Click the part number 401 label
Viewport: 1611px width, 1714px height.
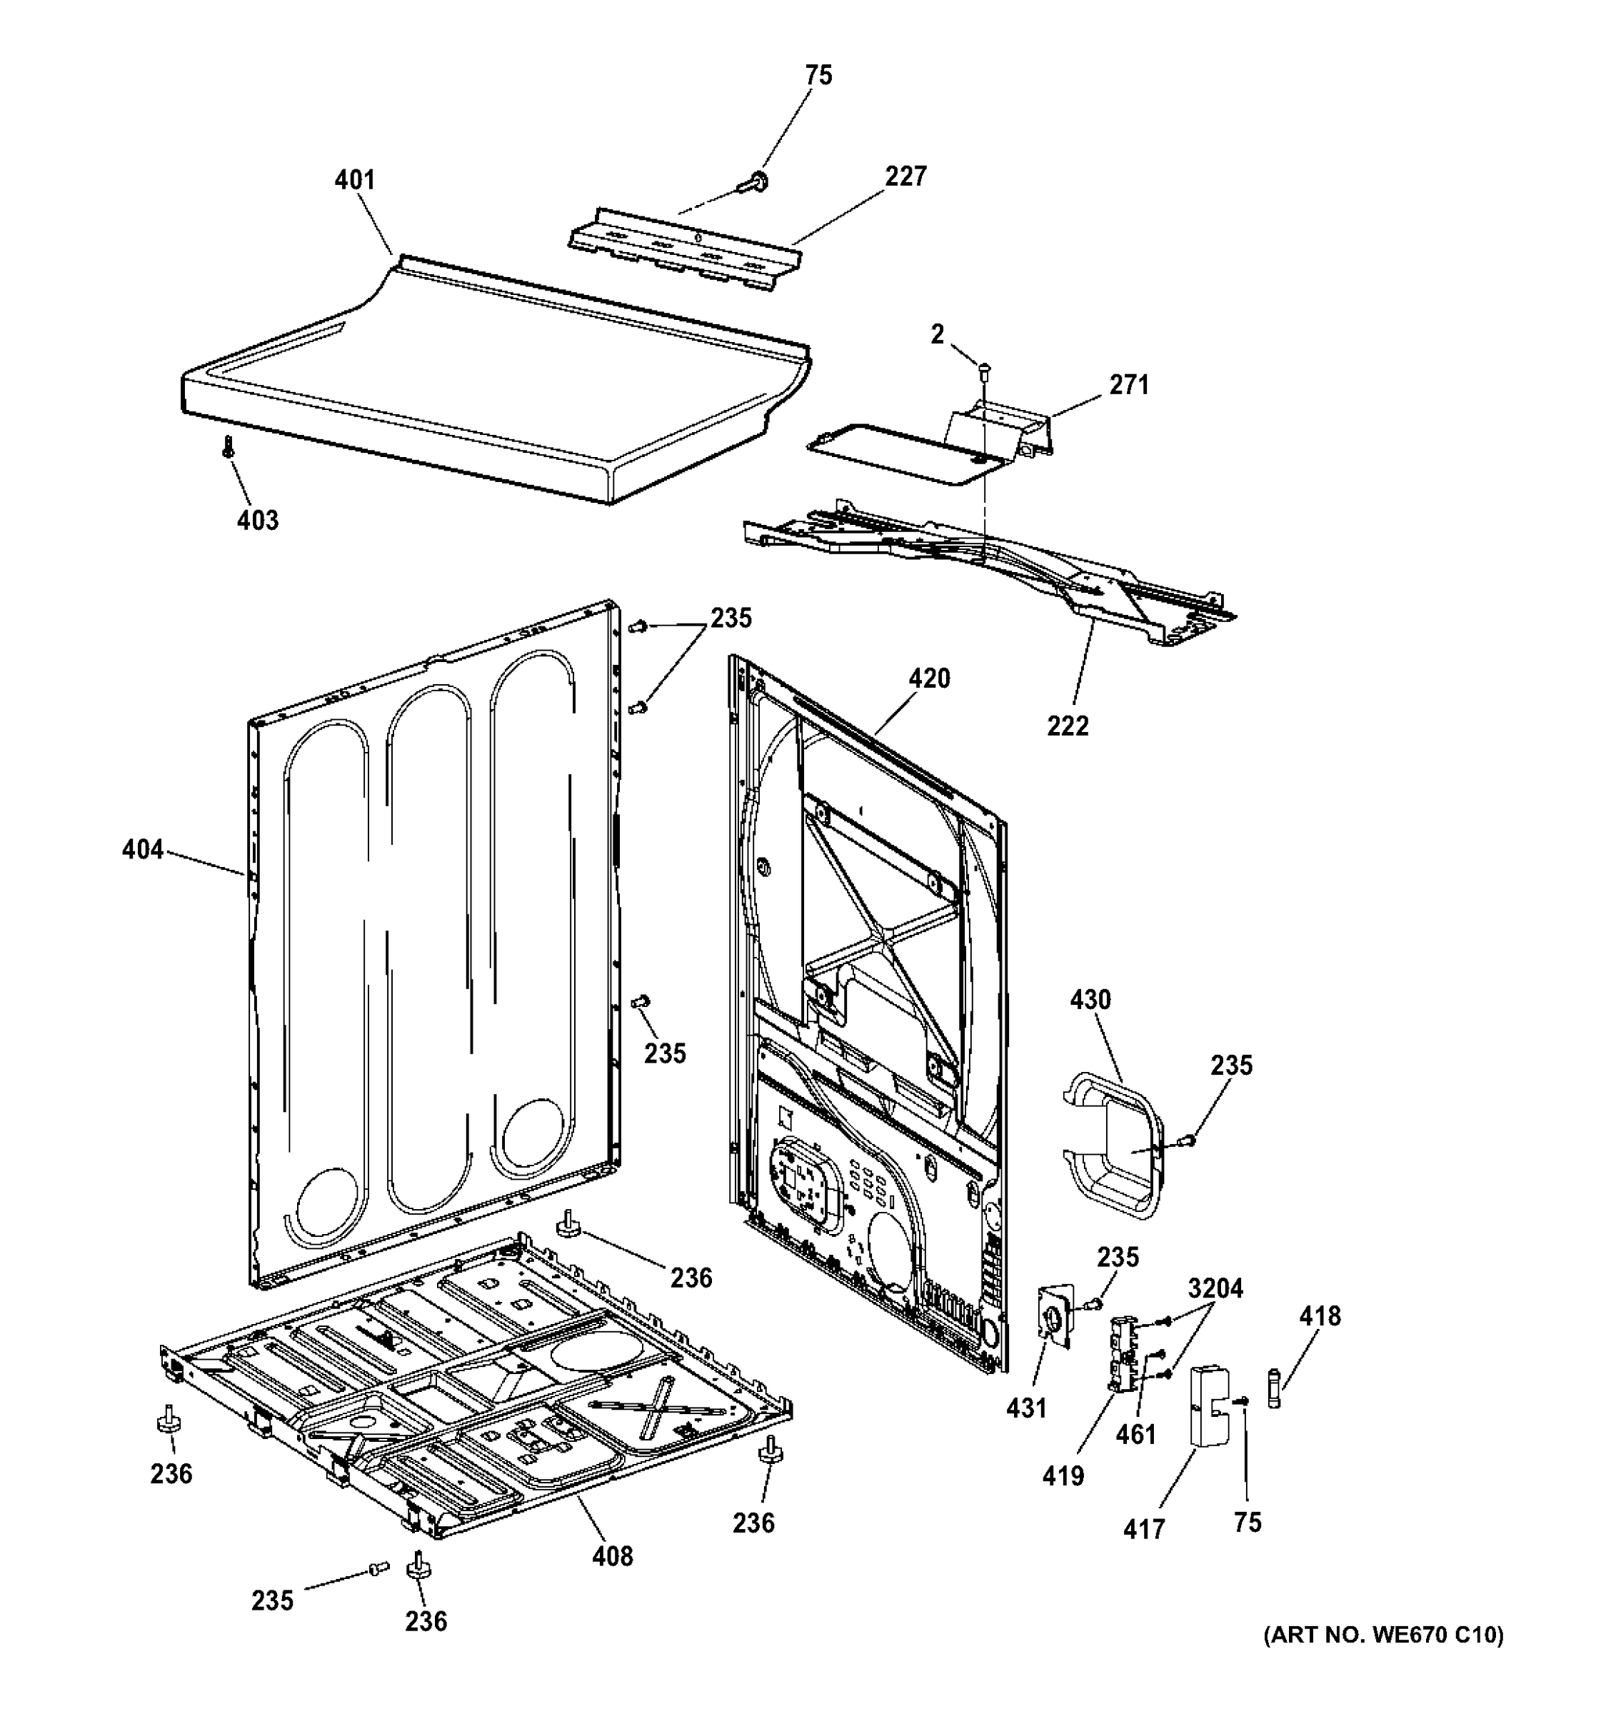click(354, 180)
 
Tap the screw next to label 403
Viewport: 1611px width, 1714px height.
click(229, 446)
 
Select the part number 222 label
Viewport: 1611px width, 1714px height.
click(1068, 726)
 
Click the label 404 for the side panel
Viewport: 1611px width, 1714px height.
click(142, 849)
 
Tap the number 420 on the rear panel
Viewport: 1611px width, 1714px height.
click(929, 678)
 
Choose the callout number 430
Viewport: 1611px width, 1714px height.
click(1090, 1000)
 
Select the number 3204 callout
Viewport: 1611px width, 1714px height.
click(1215, 1289)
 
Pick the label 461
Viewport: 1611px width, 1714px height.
click(1136, 1435)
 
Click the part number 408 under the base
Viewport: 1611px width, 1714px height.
click(613, 1556)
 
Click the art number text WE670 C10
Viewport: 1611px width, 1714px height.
click(1382, 1635)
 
